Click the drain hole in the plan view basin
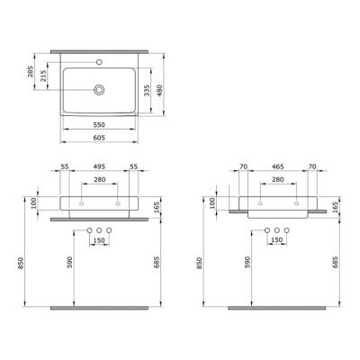99,88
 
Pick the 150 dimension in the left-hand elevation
99,241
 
